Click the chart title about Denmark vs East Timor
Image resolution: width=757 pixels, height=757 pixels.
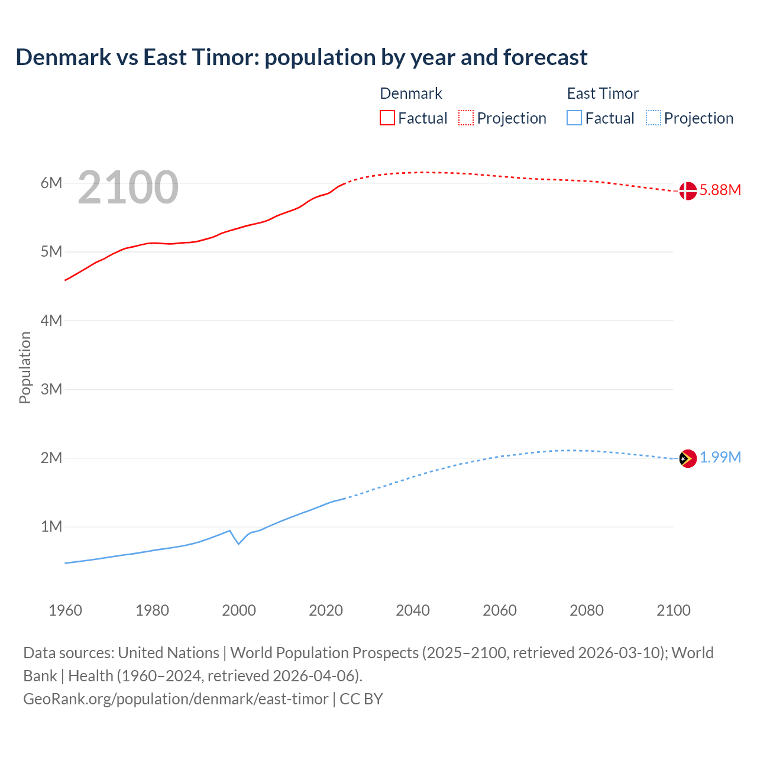click(302, 57)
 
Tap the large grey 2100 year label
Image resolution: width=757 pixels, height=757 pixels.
click(128, 187)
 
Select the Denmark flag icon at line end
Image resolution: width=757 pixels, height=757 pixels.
click(687, 191)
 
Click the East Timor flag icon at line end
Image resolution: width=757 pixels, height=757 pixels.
click(687, 458)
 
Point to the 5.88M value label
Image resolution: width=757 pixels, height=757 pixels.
click(720, 190)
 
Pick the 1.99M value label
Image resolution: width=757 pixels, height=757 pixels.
click(720, 458)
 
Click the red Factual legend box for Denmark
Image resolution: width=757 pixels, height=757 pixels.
click(387, 118)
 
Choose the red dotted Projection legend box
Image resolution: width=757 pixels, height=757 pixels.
click(466, 118)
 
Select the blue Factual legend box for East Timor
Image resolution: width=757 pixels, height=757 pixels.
click(574, 118)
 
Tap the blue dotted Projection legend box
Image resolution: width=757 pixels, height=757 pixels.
click(654, 118)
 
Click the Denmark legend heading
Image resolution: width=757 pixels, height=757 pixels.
click(411, 93)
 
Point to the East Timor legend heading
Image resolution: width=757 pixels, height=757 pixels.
click(603, 93)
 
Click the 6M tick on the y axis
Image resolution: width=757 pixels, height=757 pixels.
click(51, 183)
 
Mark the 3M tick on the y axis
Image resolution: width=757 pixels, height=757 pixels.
click(51, 389)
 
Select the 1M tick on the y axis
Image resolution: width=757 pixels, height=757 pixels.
click(51, 526)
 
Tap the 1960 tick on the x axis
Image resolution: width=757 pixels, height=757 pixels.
click(65, 610)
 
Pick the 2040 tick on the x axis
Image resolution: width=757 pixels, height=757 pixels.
click(413, 610)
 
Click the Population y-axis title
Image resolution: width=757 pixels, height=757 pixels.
click(25, 367)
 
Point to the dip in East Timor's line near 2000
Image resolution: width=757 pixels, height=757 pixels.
click(238, 544)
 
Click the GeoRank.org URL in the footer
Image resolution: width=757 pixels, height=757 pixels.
click(176, 699)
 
